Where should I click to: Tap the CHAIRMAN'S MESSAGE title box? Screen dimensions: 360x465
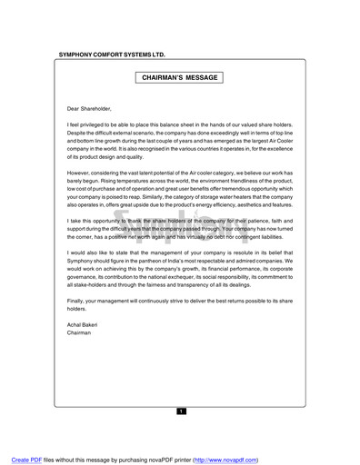(180, 79)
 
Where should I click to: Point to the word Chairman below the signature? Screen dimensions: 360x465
(80, 333)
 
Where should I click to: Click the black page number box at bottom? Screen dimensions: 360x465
(180, 411)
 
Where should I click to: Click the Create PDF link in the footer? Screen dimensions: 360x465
(21, 458)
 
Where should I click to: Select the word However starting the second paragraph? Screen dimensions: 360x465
(83, 171)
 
